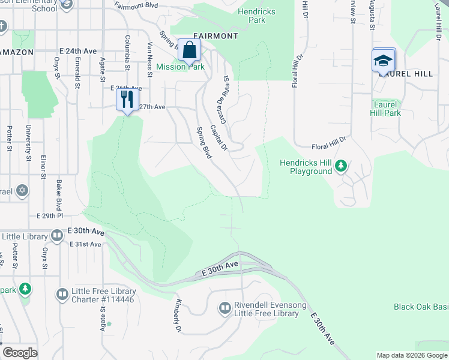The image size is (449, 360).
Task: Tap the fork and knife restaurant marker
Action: coord(127,99)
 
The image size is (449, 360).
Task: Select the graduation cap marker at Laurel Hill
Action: coord(384,61)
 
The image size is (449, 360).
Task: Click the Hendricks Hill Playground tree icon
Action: coord(341,165)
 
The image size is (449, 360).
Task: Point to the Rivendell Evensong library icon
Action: coord(225,308)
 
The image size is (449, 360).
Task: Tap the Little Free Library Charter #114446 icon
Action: coord(62,295)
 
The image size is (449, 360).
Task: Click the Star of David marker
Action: coord(22,191)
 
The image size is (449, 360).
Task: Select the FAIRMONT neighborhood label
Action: coord(215,36)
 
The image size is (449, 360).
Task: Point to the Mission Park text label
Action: coord(180,67)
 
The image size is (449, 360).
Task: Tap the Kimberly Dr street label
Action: coord(178,315)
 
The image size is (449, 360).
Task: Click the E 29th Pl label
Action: coord(50,215)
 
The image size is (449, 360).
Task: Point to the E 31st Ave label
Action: coord(85,244)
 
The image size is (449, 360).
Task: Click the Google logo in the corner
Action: coord(20,353)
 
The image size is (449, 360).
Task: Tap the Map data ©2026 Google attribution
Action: coord(411,355)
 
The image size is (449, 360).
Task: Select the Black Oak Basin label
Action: coord(421,307)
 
